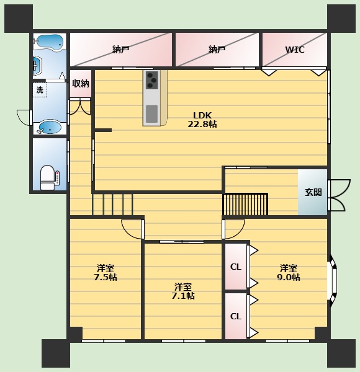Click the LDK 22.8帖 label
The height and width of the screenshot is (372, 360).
[x=202, y=120]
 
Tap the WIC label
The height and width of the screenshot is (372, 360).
[x=295, y=50]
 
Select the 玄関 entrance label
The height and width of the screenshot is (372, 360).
[x=313, y=192]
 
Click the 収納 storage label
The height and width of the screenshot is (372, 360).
[x=81, y=84]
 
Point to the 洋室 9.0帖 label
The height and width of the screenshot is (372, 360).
[x=289, y=273]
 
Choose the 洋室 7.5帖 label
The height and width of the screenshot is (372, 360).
[x=106, y=273]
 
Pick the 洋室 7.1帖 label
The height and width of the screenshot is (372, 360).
[x=183, y=291]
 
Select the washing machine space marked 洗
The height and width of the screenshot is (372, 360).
[x=40, y=90]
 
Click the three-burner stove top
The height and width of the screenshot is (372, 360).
[x=151, y=80]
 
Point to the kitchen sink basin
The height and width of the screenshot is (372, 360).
[x=151, y=114]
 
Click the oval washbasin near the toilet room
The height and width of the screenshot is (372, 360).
[x=50, y=126]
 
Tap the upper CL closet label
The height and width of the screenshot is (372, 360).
[x=236, y=267]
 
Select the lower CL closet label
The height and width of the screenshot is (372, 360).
[x=236, y=316]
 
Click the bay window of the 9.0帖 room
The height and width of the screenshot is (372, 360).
[x=332, y=281]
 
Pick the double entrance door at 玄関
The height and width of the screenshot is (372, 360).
[x=339, y=195]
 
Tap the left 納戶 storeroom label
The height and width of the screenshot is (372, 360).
[x=120, y=50]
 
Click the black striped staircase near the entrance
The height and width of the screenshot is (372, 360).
[x=245, y=204]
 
